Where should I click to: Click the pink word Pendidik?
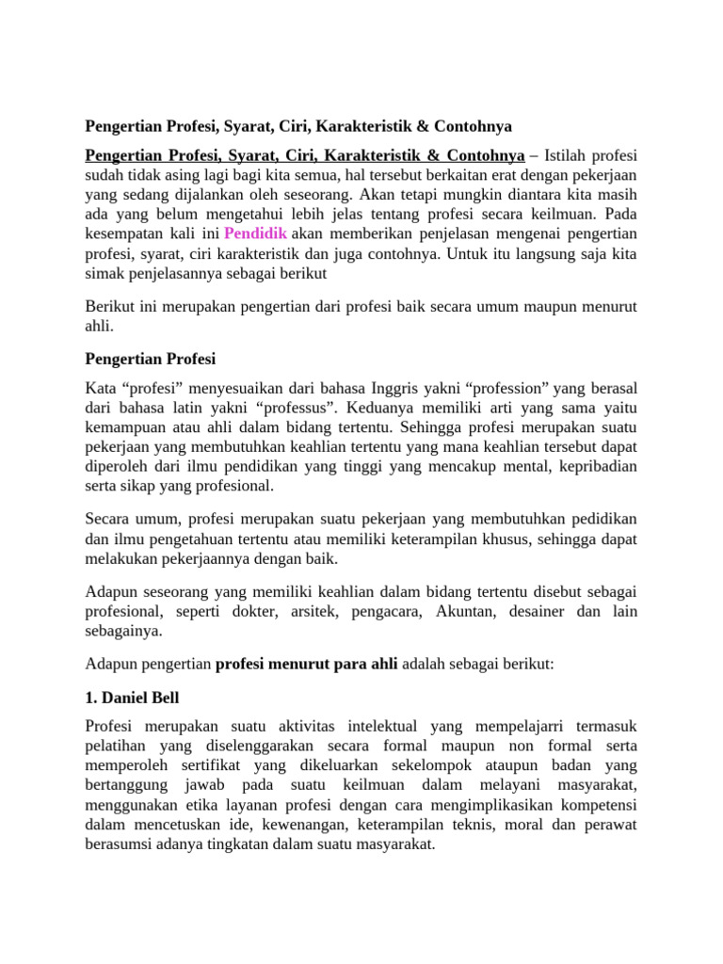[x=253, y=233]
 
